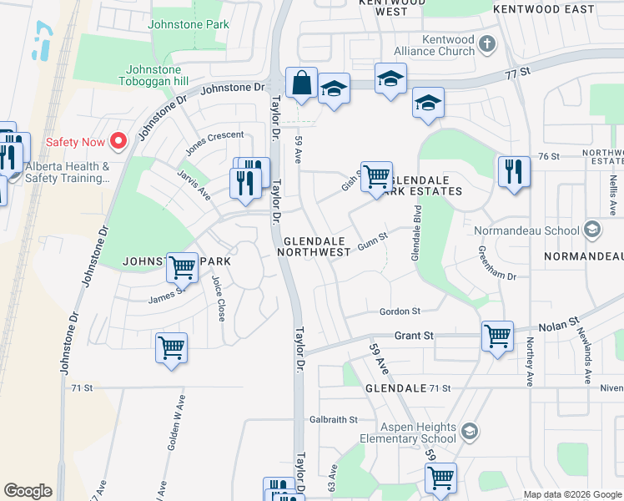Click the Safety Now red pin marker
[x=118, y=141]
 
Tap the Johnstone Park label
[x=189, y=25]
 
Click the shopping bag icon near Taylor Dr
[x=300, y=83]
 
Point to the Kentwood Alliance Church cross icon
[x=488, y=42]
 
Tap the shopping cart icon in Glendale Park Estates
[x=376, y=175]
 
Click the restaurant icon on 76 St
[x=513, y=171]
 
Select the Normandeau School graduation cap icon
[x=592, y=229]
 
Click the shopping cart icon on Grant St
[x=497, y=336]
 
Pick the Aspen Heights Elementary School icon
[x=469, y=431]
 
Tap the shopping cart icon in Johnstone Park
[x=181, y=267]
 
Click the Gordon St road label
[x=400, y=311]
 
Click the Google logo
[x=28, y=491]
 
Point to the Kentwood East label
[x=544, y=9]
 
